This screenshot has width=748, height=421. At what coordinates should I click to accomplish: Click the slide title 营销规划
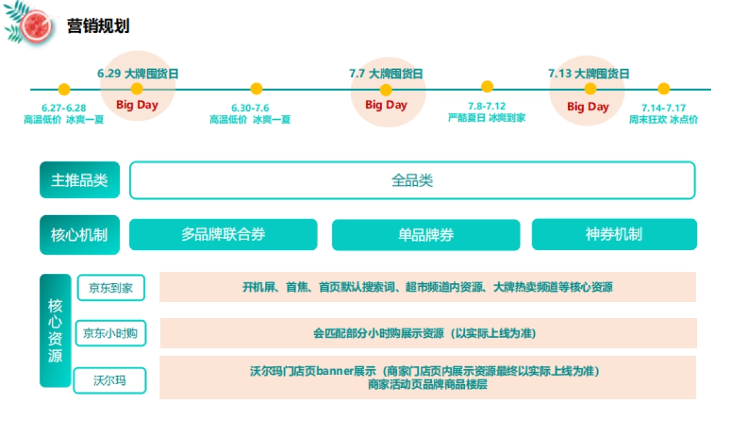98,26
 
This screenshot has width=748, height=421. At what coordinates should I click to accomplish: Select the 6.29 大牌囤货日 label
138,74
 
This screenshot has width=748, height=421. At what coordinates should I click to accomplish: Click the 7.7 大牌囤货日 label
386,74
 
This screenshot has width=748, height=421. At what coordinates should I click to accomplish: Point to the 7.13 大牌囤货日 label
588,74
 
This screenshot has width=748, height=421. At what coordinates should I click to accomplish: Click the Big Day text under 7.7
386,105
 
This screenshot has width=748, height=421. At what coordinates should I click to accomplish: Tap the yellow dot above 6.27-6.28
64,89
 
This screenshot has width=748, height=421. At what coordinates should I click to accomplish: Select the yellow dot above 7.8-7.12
487,87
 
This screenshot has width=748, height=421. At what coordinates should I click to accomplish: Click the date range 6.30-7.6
250,108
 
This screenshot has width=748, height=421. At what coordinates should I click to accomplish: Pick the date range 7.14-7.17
663,108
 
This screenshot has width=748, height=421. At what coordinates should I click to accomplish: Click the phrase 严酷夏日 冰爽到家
486,117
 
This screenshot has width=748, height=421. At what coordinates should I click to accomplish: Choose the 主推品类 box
80,180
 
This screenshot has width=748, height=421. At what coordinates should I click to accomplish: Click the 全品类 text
412,181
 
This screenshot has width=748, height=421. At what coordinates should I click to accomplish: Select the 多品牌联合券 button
223,235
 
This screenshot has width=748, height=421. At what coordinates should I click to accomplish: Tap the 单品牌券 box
426,235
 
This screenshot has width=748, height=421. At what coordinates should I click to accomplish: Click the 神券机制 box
614,235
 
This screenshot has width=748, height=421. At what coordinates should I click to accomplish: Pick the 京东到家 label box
111,288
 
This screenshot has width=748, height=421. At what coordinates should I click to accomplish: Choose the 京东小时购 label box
110,333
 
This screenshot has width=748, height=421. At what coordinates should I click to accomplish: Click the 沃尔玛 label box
110,380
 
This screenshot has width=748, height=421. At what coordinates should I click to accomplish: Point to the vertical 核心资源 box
55,331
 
